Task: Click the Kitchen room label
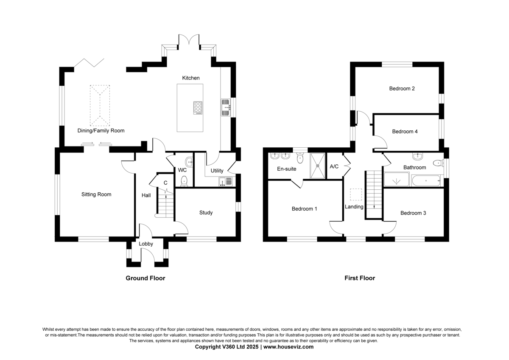(x=190, y=78)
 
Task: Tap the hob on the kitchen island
(x=198, y=108)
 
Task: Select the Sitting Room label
(x=96, y=194)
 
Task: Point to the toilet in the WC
(x=184, y=181)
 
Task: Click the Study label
(x=206, y=213)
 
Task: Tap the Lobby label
(x=146, y=244)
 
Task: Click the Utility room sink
(x=225, y=182)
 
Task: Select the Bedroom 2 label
(x=402, y=88)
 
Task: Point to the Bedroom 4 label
(x=405, y=132)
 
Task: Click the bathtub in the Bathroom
(x=426, y=181)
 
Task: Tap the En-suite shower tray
(x=318, y=166)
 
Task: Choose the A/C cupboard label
(x=334, y=166)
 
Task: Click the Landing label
(x=354, y=207)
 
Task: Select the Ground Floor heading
(x=145, y=278)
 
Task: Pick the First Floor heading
(x=360, y=278)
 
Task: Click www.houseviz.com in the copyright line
(x=288, y=347)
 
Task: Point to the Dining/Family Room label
(x=101, y=131)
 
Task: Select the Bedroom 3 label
(x=413, y=213)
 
